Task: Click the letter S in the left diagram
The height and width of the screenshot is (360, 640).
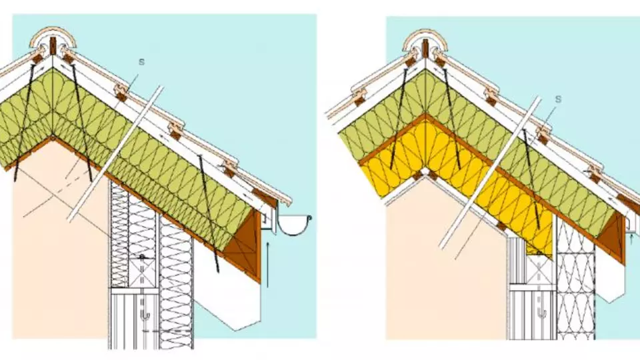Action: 141,62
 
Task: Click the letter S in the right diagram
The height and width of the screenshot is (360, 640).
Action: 558,99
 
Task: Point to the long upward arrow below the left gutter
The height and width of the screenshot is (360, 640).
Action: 268,265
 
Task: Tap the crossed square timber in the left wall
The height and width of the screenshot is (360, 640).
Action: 143,271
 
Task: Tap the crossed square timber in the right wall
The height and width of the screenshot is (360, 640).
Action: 539,269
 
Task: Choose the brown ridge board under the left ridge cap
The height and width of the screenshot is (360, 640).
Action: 52,46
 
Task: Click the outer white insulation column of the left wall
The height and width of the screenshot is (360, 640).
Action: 176,286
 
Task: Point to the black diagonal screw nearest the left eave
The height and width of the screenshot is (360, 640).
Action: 209,214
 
